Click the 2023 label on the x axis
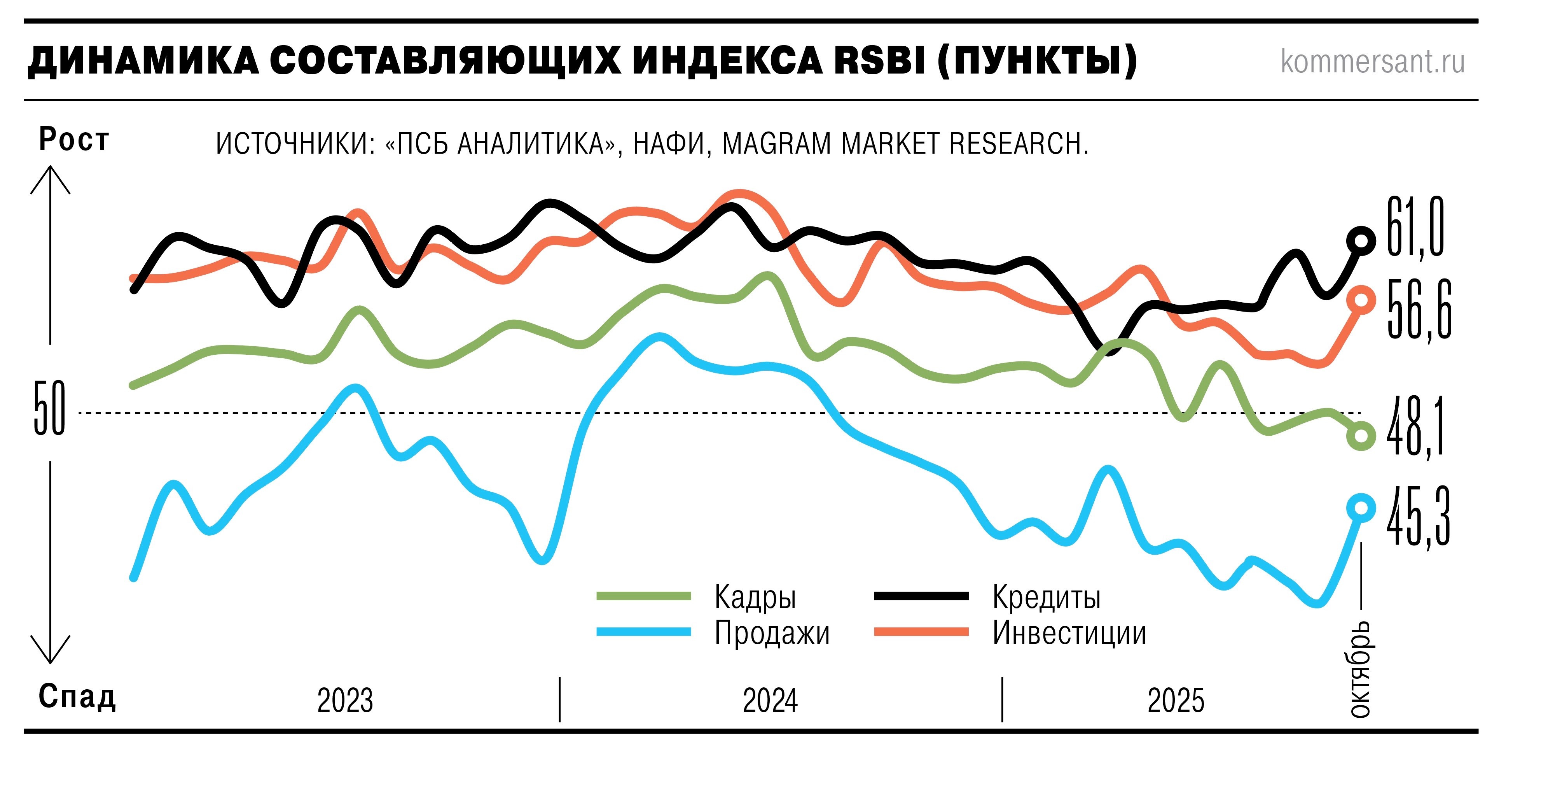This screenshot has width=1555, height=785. pos(345,701)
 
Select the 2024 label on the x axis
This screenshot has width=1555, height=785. pos(770,701)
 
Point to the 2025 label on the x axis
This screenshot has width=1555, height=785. pos(1175,701)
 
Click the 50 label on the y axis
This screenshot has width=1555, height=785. pos(49,409)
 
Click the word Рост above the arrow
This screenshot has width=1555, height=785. pos(73,140)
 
